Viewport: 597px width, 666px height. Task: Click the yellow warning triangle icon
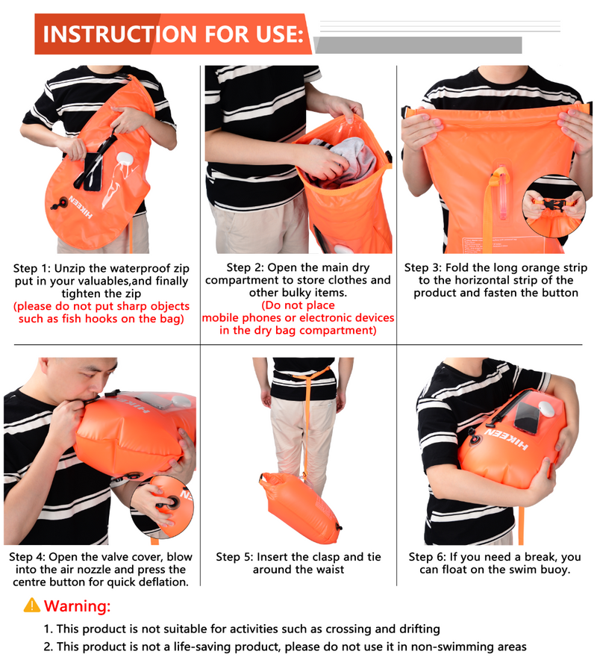(32, 606)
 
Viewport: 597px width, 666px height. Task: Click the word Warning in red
(77, 606)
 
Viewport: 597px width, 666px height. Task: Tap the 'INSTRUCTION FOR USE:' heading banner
(173, 34)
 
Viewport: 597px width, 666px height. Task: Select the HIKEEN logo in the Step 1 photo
(81, 207)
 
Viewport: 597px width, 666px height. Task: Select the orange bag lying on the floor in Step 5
(300, 507)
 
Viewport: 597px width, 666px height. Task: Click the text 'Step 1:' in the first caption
(32, 269)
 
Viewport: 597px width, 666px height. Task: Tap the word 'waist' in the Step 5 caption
(330, 569)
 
